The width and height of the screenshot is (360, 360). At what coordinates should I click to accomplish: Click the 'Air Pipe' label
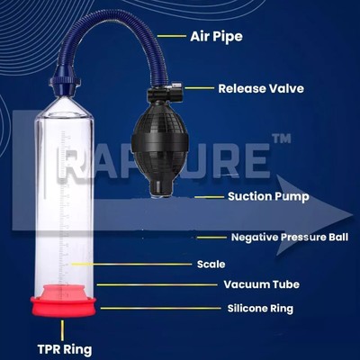pos(216,37)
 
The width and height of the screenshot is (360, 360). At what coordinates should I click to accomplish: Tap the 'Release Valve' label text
pos(261,88)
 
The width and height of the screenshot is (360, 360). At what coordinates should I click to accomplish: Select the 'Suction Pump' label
pos(268,197)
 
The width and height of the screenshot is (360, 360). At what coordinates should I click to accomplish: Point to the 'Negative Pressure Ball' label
pos(290,238)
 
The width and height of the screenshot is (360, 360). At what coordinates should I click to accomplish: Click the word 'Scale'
pos(211,265)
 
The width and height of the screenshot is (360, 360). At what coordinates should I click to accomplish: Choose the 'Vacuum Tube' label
pos(262,284)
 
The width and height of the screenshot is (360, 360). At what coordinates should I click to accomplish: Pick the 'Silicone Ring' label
pos(260,309)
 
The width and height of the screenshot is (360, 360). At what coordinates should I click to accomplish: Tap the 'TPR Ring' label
pos(65,350)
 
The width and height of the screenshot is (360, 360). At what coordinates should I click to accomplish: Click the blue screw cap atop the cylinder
pos(65,85)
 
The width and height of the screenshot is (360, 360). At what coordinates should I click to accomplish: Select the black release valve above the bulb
pos(165,94)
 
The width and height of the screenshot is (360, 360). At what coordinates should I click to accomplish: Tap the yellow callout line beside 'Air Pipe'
pos(172,36)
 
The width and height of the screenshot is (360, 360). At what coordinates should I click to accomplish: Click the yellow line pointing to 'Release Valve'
pos(200,88)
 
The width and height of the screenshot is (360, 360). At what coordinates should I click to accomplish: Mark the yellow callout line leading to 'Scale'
pos(130,265)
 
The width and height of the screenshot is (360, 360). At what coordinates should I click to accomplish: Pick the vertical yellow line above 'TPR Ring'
pos(62,330)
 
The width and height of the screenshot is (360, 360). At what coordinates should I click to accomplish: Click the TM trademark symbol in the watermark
pos(281,139)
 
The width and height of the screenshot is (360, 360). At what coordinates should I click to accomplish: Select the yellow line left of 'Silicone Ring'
pos(160,308)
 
